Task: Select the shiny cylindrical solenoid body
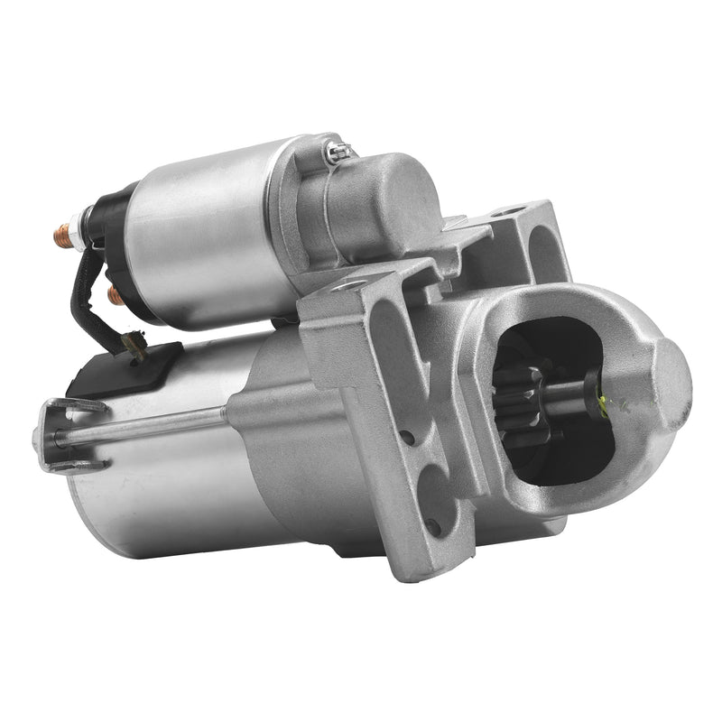[208, 239]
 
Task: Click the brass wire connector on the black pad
[135, 344]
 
